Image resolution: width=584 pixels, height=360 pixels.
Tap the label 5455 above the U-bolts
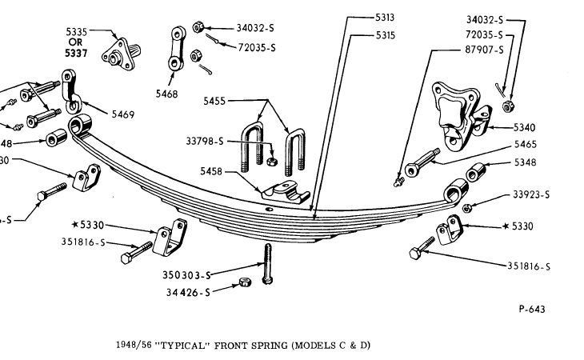tap(215, 102)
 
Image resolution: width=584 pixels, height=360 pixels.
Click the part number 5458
tap(213, 171)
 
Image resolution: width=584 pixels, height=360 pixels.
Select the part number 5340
tap(503, 126)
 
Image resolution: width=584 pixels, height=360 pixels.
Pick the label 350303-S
tap(185, 274)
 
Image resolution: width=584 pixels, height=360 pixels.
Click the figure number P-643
tap(532, 309)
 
